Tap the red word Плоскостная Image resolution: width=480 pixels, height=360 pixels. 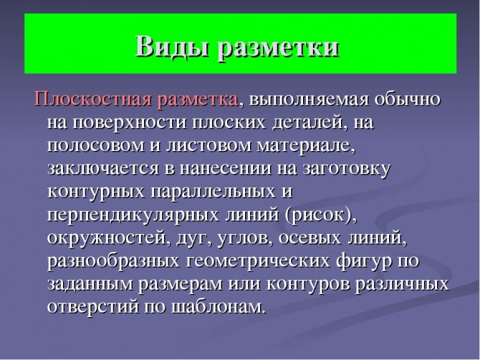tap(92, 99)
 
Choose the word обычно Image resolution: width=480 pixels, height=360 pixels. tap(408, 99)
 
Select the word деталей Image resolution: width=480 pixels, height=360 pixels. tap(310, 122)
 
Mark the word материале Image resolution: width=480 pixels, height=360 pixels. tap(305, 146)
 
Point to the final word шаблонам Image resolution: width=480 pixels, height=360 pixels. tap(217, 306)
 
